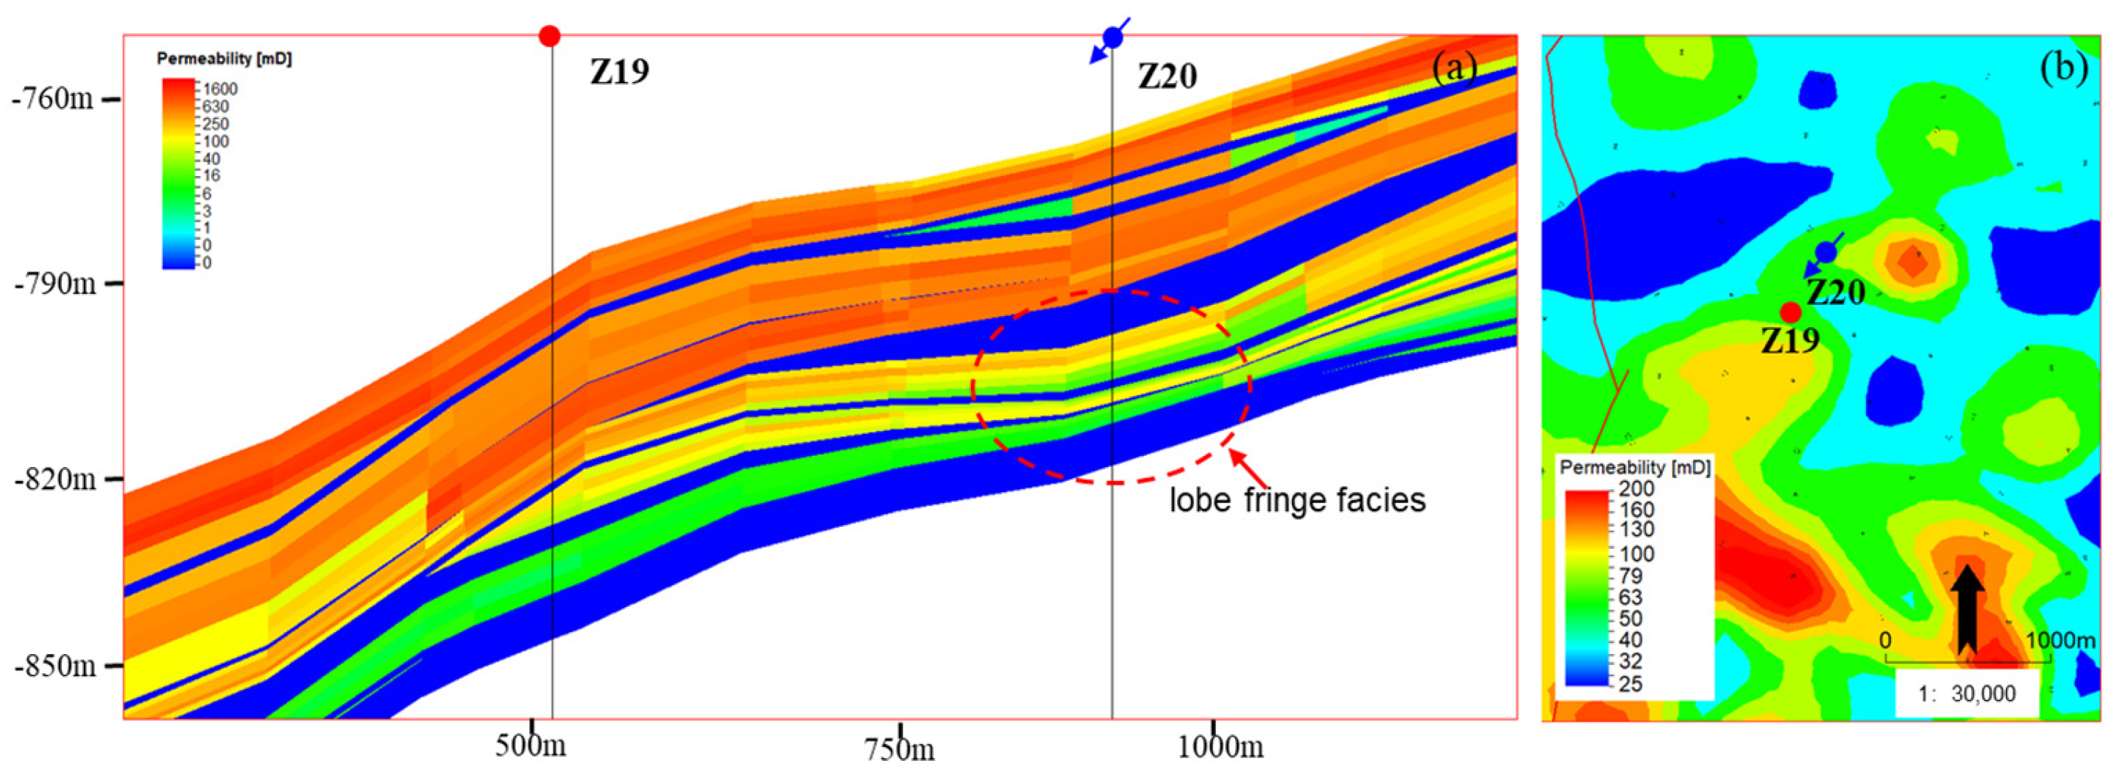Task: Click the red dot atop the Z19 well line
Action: [x=550, y=35]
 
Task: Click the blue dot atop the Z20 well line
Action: [x=1113, y=37]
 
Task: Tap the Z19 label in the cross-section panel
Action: [x=620, y=71]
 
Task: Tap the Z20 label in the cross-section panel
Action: [x=1167, y=77]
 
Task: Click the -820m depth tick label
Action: [x=54, y=479]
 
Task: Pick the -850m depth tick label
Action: [x=54, y=664]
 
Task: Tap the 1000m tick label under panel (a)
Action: [x=1220, y=747]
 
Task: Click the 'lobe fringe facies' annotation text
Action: [x=1298, y=500]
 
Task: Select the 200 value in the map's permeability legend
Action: [x=1637, y=488]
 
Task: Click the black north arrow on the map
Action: [x=1968, y=608]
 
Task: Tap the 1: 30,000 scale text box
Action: [x=1967, y=694]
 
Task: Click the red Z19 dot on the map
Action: [x=1791, y=312]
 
